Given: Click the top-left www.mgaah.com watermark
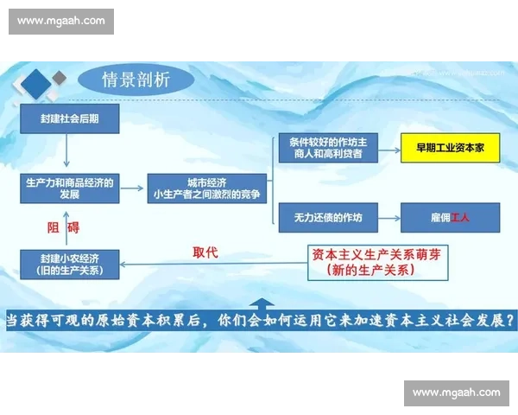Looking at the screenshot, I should [61, 21].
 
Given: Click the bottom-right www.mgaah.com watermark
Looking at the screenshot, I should [456, 393].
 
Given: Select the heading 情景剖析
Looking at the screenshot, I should [136, 80].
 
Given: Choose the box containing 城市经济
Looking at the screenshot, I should [195, 188].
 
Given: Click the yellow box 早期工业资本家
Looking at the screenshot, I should [449, 149].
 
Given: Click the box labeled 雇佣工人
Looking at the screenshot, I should [449, 216].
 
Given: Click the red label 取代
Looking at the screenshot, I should [205, 252].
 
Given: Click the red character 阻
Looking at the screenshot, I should [54, 227].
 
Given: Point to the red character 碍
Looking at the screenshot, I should [73, 227].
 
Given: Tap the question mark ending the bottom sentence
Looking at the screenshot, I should [510, 318].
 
